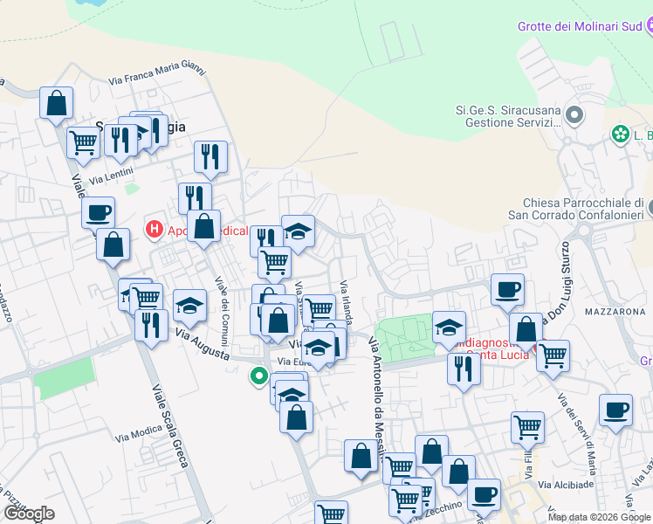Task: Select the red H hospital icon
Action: tap(155, 231)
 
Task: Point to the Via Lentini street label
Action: tap(108, 178)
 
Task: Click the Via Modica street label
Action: tap(134, 433)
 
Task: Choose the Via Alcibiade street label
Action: tap(567, 485)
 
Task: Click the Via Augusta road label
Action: tap(203, 347)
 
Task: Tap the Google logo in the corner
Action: tap(28, 514)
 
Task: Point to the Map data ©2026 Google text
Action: tap(598, 517)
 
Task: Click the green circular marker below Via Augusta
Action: tap(258, 377)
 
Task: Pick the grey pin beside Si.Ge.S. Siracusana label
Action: tap(574, 115)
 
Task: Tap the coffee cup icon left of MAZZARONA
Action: tap(507, 290)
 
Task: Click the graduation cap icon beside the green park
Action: tap(449, 327)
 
